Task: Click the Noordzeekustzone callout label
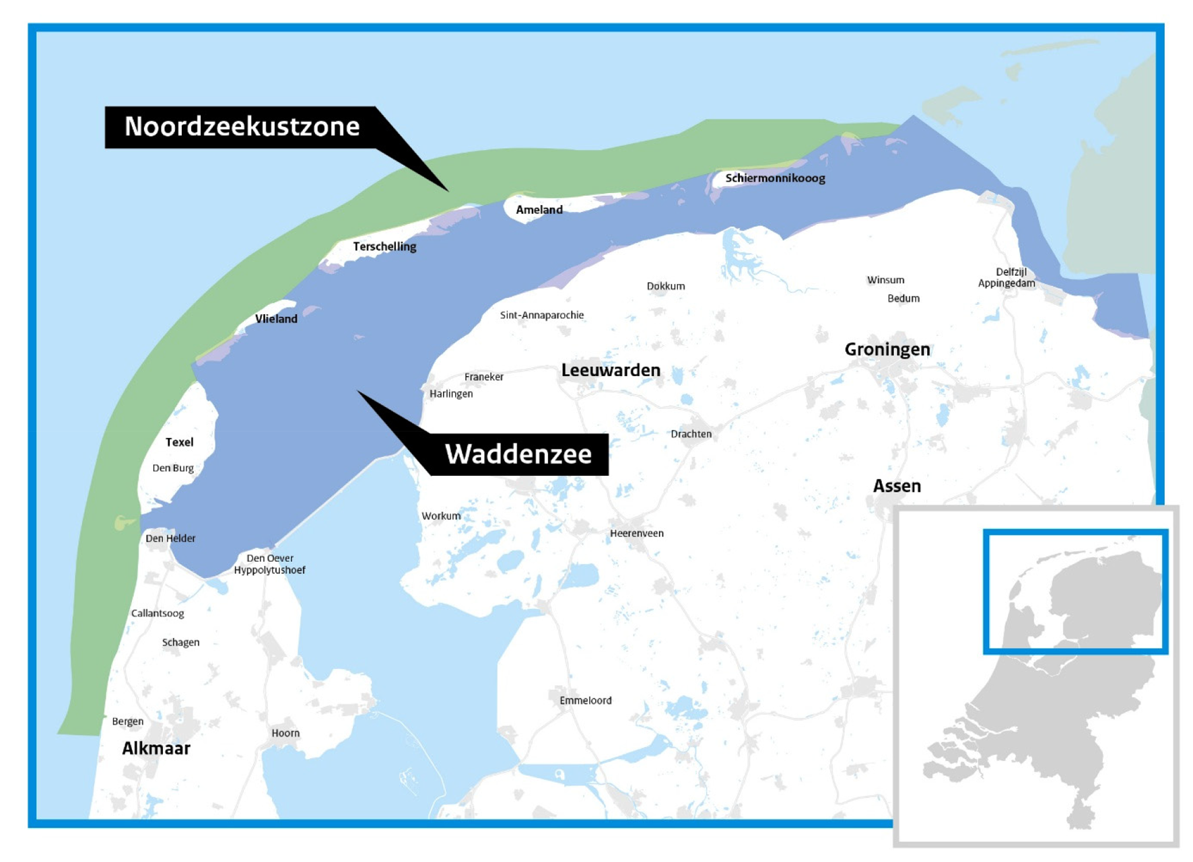click(x=242, y=127)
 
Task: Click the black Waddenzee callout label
click(x=518, y=454)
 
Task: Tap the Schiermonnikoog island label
click(x=775, y=178)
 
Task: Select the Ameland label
click(x=539, y=210)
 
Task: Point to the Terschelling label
click(x=384, y=247)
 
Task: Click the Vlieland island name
click(x=276, y=319)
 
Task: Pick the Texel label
click(x=179, y=442)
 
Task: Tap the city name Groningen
click(x=887, y=349)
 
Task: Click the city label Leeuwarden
click(x=611, y=370)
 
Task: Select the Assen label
click(x=897, y=486)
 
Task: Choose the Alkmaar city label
click(x=156, y=748)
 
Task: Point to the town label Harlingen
click(x=451, y=394)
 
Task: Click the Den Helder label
click(x=170, y=538)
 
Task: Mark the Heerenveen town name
click(x=636, y=534)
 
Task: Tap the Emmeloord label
click(x=585, y=701)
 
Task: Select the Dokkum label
click(x=666, y=286)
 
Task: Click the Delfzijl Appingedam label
click(x=1007, y=278)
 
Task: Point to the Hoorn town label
click(x=285, y=733)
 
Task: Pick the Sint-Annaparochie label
click(x=541, y=315)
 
